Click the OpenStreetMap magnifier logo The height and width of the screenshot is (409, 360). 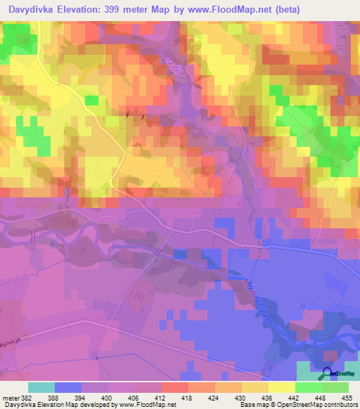[328, 374]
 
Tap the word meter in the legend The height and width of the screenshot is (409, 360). [11, 398]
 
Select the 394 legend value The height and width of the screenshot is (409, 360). [82, 398]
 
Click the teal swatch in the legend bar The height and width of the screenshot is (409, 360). [41, 387]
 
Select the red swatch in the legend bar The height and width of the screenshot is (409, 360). [175, 387]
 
